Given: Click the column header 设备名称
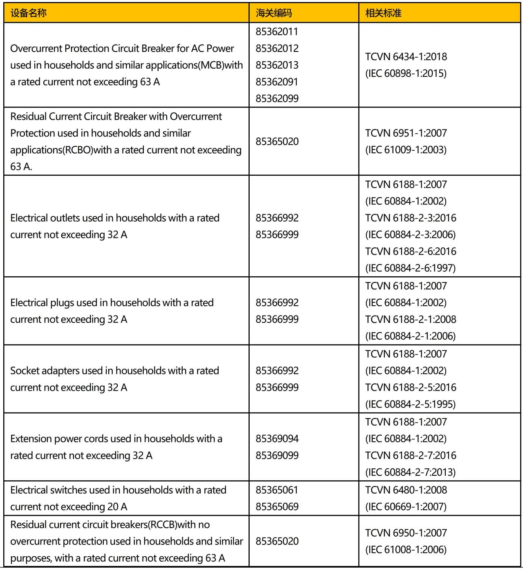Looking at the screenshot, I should [x=28, y=13].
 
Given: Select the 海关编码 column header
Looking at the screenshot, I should [x=274, y=13].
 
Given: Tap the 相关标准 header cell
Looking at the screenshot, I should [x=383, y=13].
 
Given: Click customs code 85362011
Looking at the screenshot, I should [x=277, y=31].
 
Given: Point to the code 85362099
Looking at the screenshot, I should [x=277, y=99].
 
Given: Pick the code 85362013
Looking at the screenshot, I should [x=277, y=65].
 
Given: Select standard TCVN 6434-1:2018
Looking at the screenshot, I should [x=406, y=56].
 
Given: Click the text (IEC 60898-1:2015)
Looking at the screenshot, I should [x=406, y=74].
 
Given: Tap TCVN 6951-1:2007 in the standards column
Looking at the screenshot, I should [x=406, y=133].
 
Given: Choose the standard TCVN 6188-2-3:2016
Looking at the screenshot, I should [x=411, y=218].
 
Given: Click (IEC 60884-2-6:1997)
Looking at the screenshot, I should [x=411, y=268].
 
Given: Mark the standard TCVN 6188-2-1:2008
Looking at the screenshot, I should [x=411, y=319].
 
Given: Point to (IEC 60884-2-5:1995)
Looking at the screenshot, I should [x=411, y=404].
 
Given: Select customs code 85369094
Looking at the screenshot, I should [x=277, y=439].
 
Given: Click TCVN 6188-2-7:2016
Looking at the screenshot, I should [x=411, y=455].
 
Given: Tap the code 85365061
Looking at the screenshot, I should [x=277, y=490].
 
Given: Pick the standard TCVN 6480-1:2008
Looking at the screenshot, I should [x=406, y=490].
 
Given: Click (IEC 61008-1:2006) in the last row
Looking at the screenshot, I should [x=406, y=550].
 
